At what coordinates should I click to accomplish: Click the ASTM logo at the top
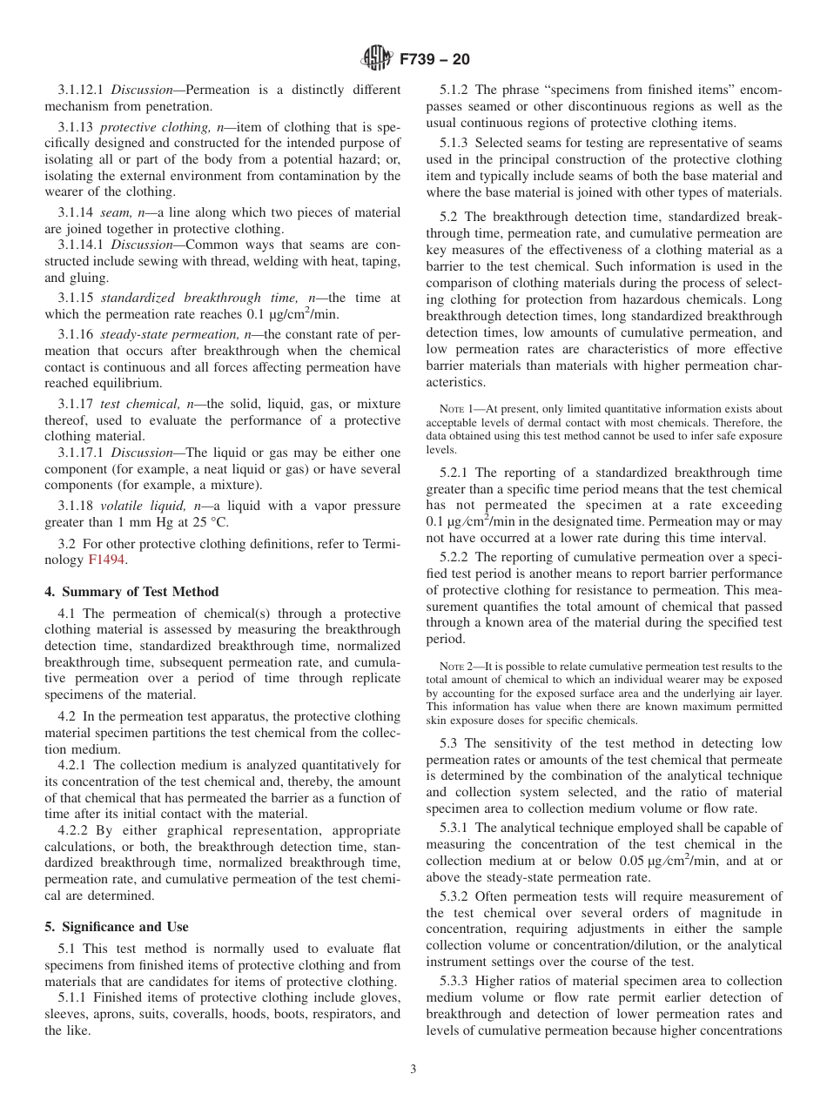coord(377,59)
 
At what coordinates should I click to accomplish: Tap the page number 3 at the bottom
coord(413,1070)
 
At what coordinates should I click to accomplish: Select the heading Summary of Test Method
coord(131,592)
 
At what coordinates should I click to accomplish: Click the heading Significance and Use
coord(117,927)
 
